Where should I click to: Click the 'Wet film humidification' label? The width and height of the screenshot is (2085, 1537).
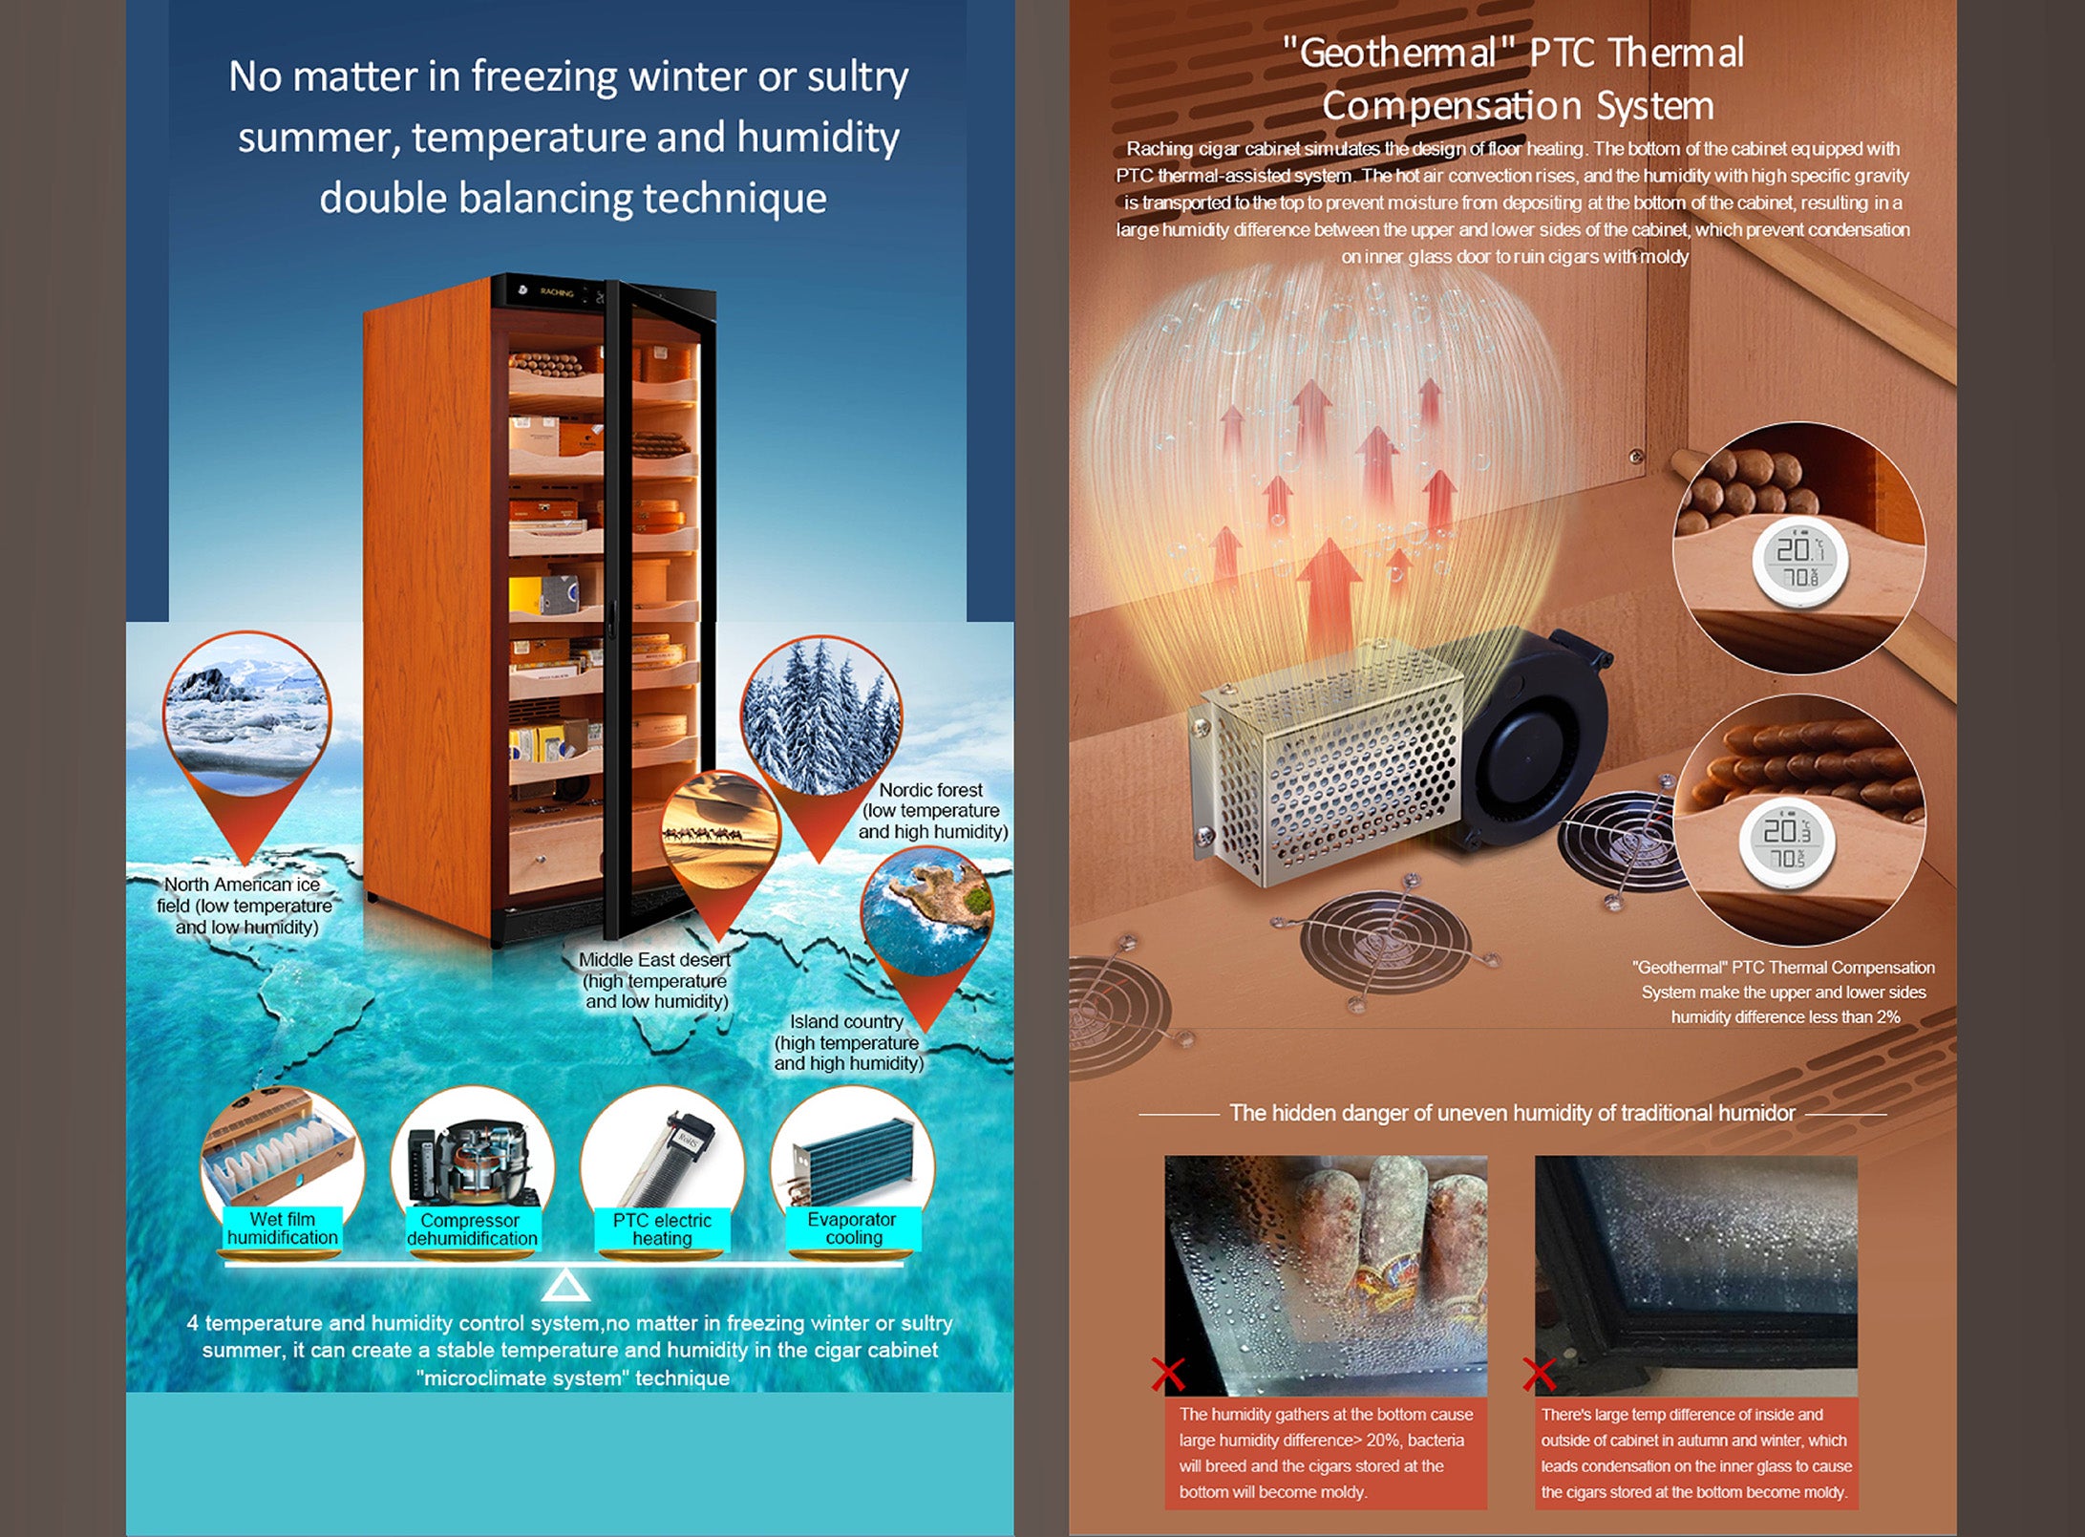coord(282,1228)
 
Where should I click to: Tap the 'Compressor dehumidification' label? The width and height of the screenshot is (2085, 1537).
coord(472,1229)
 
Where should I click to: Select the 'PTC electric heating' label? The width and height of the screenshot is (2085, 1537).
coord(662,1229)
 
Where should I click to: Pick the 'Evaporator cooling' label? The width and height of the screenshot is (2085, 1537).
coord(852,1228)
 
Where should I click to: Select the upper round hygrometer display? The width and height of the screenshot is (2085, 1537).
coord(1799,563)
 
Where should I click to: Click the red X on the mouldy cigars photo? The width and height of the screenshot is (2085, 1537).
coord(1167,1375)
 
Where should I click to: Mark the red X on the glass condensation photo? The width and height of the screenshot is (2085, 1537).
coord(1538,1375)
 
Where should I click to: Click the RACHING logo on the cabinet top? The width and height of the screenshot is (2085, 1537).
coord(556,292)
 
